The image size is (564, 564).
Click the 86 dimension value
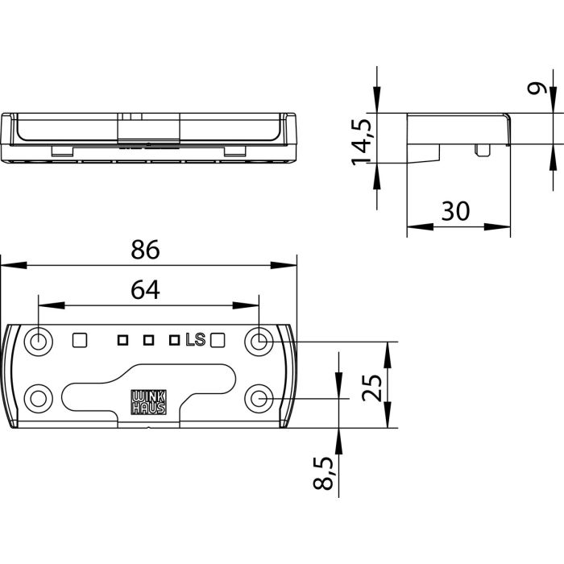coord(145,250)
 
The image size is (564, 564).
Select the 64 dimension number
coord(145,290)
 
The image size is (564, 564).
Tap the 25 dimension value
coord(372,388)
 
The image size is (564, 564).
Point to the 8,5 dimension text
coord(323,473)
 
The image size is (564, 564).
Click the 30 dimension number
coord(455,211)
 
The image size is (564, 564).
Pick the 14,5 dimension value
coord(362,142)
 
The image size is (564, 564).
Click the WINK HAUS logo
coord(148,402)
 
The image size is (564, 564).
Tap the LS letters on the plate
coord(195,339)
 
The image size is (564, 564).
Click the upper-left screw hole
coord(38,341)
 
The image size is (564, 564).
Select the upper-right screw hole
coord(259,341)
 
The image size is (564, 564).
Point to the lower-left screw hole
coord(38,399)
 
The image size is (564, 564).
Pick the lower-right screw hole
coord(259,399)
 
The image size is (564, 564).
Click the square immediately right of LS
coord(218,340)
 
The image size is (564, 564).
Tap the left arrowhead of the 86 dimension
coord(14,265)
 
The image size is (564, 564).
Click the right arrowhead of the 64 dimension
coord(246,305)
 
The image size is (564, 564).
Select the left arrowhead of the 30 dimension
coord(420,227)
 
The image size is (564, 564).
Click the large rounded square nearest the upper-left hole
coord(80,340)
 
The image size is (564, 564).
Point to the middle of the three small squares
coord(148,340)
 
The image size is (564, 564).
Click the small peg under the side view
coord(482,151)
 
